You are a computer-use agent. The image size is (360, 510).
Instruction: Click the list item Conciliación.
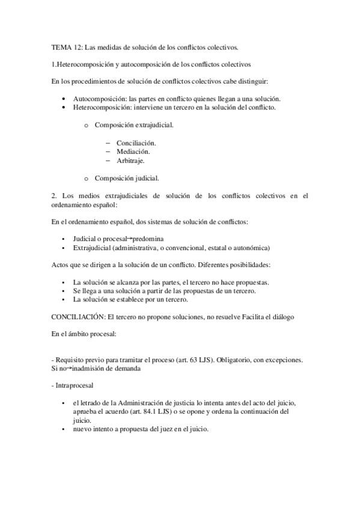click(136, 143)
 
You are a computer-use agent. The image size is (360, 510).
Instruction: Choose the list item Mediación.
click(133, 152)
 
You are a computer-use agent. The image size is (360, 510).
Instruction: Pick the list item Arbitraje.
click(130, 161)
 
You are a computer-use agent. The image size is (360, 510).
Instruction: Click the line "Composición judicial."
click(127, 179)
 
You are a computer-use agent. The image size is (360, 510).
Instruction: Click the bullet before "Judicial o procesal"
click(63, 239)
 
